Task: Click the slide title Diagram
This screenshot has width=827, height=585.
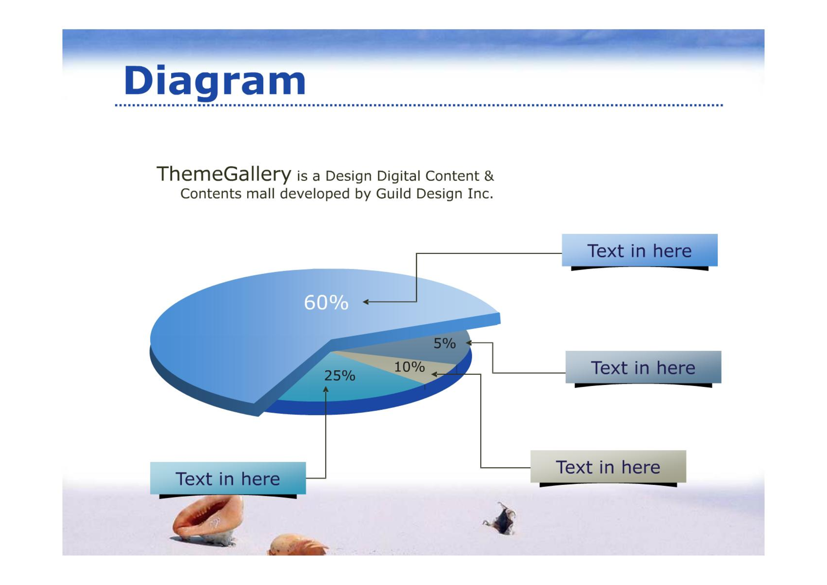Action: click(215, 81)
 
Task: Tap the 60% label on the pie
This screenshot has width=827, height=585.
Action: click(326, 303)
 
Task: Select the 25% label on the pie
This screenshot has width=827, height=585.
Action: click(340, 375)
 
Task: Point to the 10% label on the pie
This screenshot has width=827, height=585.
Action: click(409, 367)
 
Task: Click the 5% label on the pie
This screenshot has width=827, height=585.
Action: click(445, 343)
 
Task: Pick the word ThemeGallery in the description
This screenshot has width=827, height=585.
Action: click(224, 174)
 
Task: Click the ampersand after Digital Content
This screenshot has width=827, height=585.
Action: click(489, 176)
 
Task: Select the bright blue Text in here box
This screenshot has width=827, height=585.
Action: click(640, 250)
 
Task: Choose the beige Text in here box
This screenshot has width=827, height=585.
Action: click(608, 466)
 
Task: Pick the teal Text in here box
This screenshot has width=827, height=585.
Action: click(228, 478)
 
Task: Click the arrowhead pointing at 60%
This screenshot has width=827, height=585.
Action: click(366, 302)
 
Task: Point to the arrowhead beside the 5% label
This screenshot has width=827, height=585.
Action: click(469, 343)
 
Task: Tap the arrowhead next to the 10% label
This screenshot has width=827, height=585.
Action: click(434, 374)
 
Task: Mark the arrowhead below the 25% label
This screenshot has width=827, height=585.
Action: click(326, 389)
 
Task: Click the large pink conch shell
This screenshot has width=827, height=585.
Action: click(207, 520)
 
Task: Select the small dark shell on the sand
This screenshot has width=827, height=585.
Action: click(501, 519)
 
